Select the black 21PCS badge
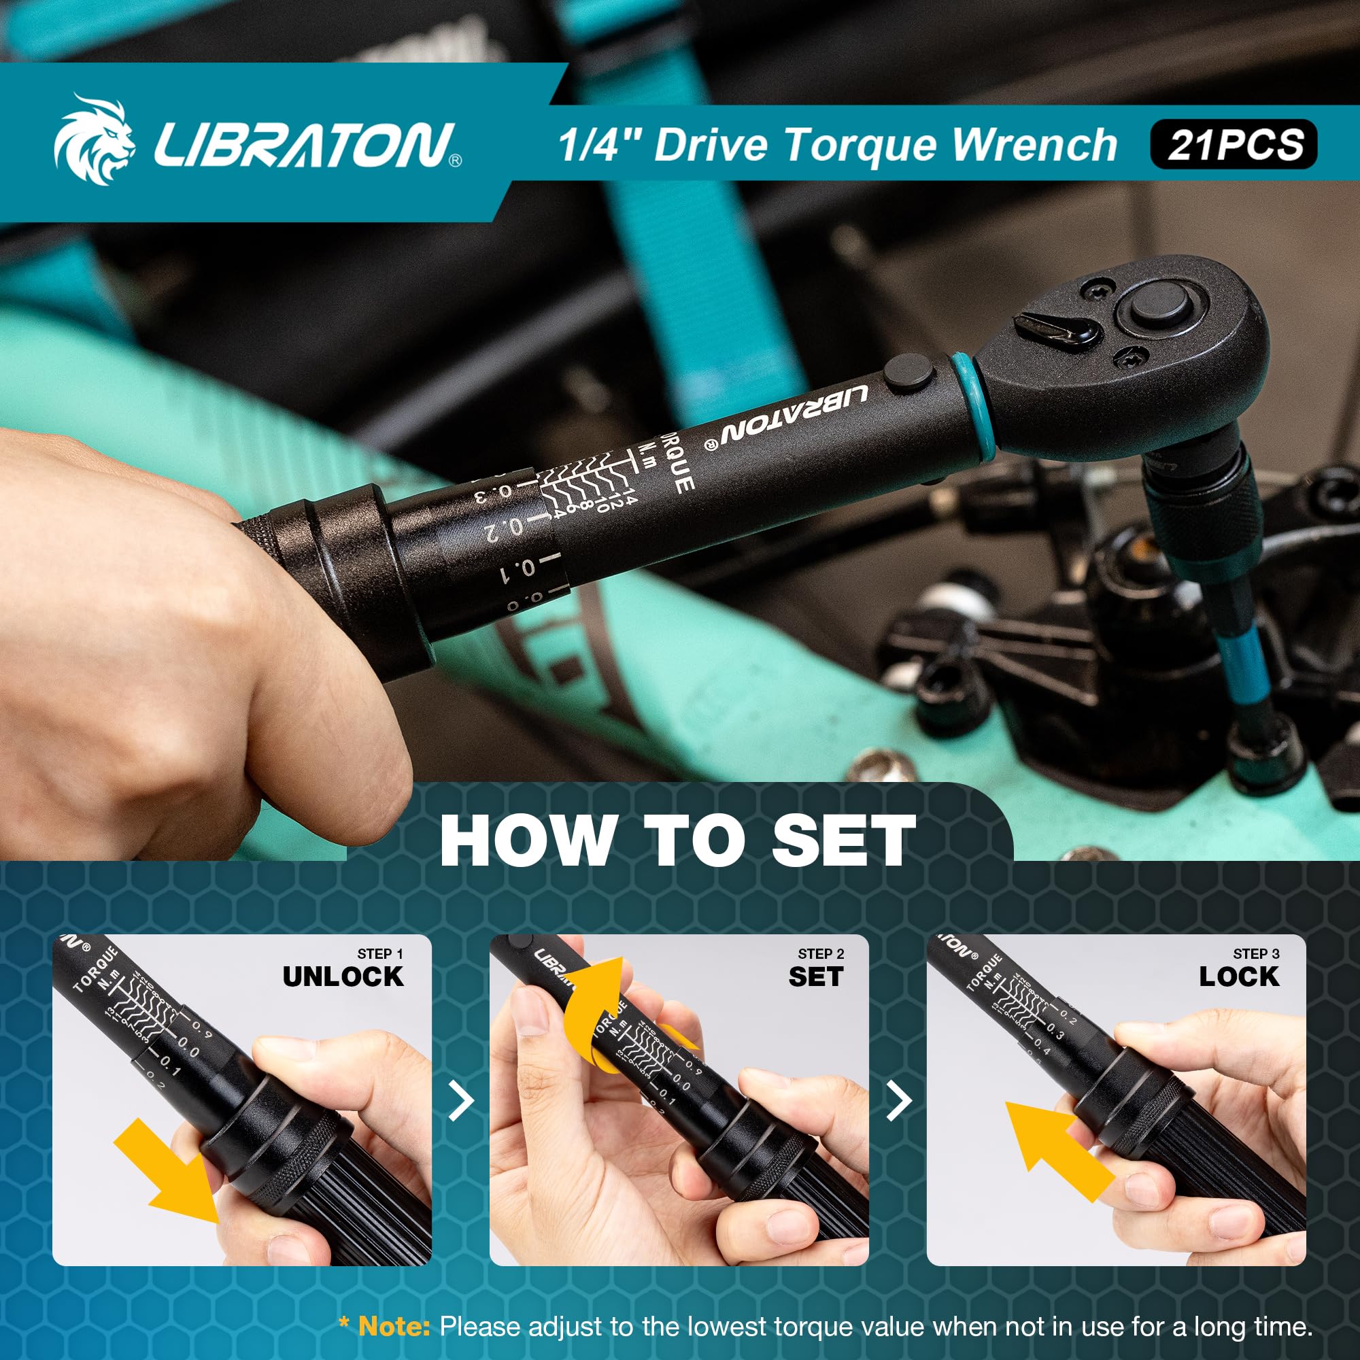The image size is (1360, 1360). pyautogui.click(x=1234, y=145)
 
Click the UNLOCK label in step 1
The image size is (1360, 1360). pyautogui.click(x=343, y=976)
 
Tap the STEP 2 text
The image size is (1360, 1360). pyautogui.click(x=821, y=954)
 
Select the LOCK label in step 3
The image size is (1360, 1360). pyautogui.click(x=1239, y=976)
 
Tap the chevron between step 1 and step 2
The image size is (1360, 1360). pyautogui.click(x=461, y=1102)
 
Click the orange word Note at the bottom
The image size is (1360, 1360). pyautogui.click(x=394, y=1327)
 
